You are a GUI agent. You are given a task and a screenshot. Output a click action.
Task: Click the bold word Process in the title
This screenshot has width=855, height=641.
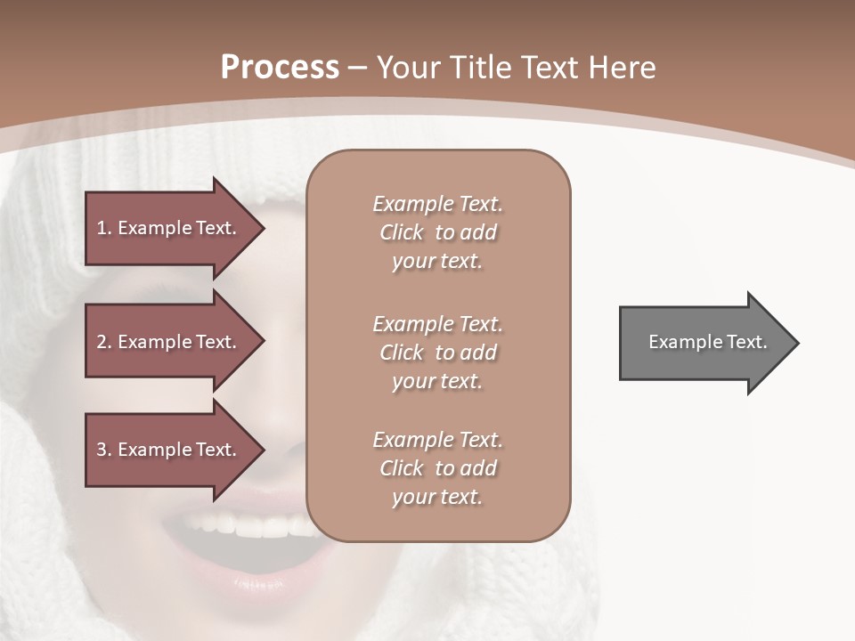280,68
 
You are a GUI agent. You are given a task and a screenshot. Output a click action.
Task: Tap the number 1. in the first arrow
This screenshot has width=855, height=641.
103,228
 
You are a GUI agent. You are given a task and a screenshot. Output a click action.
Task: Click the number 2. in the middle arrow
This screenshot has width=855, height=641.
103,342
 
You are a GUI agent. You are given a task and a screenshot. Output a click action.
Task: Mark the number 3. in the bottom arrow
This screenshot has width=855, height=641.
103,450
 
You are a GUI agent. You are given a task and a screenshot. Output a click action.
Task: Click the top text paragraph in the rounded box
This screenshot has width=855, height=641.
437,232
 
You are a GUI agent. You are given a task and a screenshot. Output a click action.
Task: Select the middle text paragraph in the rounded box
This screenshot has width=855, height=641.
437,352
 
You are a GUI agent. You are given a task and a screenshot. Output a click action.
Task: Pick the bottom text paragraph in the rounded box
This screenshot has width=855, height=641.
437,467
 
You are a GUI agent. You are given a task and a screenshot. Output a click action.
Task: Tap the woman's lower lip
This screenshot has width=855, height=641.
258,583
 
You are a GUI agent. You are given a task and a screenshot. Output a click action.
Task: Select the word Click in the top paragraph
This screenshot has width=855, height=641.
401,232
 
